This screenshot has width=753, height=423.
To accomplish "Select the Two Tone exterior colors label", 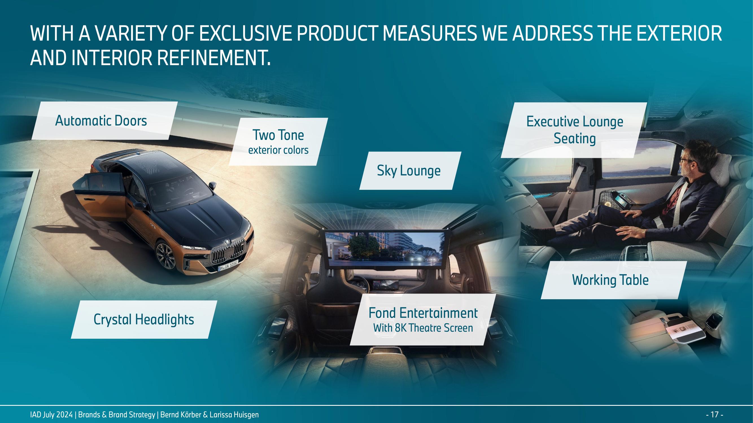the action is point(278,142).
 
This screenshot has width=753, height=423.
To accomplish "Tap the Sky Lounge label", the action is point(410,171).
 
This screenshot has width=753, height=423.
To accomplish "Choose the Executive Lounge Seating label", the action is point(574,130).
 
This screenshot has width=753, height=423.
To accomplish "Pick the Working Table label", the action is point(614,280).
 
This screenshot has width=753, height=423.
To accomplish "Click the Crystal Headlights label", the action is point(144,320).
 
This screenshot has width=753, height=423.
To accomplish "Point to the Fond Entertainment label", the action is point(423,320).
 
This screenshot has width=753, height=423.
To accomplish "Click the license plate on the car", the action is point(229,266).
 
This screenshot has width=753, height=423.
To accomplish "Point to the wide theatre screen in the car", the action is point(386,249).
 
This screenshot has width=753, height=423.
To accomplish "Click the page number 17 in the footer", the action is point(714,415).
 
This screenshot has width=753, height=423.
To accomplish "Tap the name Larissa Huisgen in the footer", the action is point(234,415).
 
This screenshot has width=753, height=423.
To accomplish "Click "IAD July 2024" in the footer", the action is point(51,415).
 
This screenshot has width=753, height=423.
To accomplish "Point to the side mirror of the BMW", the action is point(212,185).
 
